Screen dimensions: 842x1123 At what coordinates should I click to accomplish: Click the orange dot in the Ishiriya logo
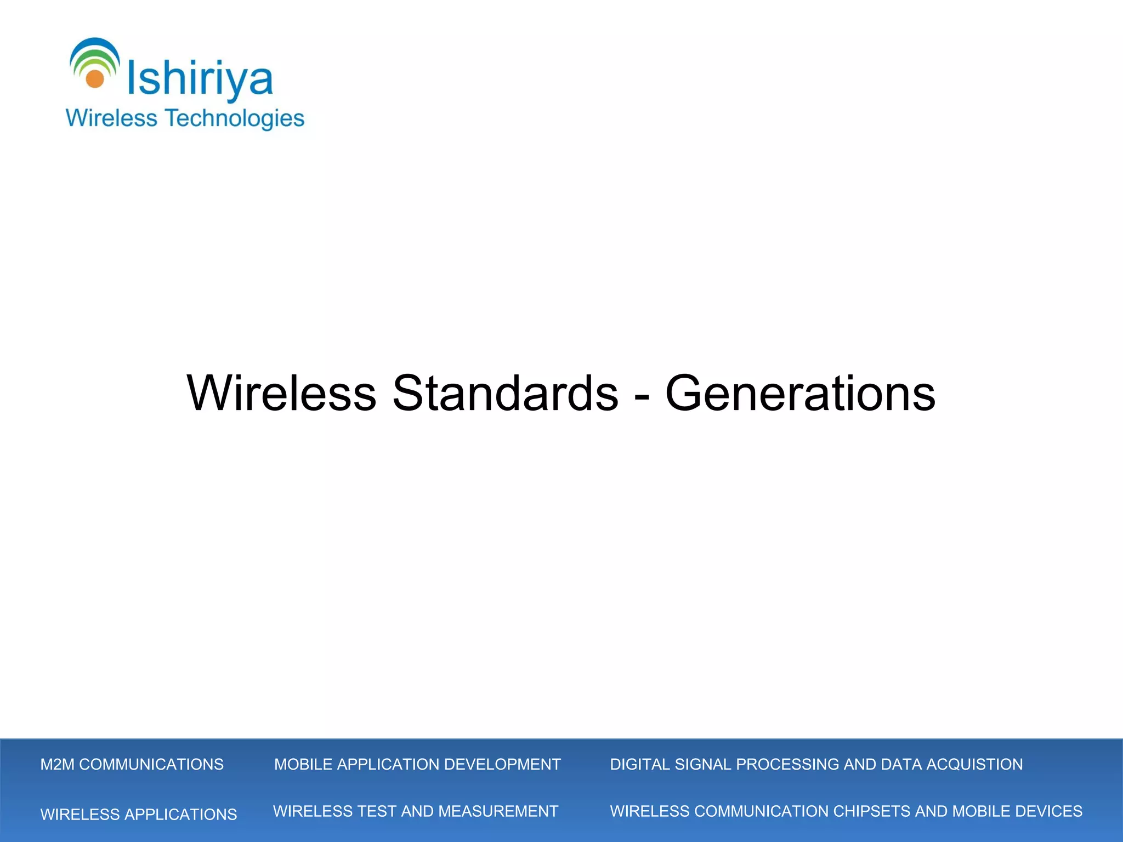point(95,79)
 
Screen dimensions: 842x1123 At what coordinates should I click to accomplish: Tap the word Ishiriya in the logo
point(200,79)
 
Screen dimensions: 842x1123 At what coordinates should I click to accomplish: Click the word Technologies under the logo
point(235,118)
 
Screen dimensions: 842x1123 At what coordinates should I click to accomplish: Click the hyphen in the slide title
point(642,396)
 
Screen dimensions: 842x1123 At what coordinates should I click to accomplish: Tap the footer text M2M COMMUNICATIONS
point(132,764)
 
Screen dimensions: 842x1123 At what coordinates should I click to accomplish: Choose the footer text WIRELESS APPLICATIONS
point(138,814)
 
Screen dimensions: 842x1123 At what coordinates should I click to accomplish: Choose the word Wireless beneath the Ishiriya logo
point(111,118)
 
